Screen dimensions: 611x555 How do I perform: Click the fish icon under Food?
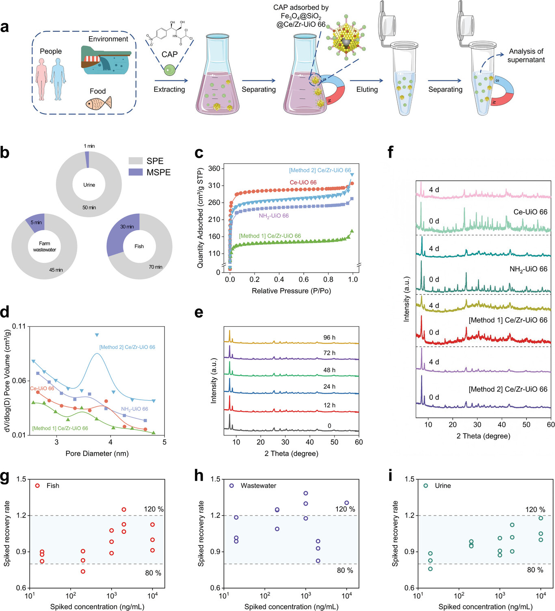coord(98,103)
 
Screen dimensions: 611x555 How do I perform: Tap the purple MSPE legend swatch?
coord(136,172)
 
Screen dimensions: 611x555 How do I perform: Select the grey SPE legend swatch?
coord(136,161)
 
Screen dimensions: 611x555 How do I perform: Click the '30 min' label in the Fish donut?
coord(127,227)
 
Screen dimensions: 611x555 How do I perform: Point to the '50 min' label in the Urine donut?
coord(89,208)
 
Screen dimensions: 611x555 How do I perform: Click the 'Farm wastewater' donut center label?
coord(45,247)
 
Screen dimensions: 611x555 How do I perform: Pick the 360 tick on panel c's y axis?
coord(214,169)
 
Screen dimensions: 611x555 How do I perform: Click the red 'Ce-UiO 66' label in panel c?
coord(303,182)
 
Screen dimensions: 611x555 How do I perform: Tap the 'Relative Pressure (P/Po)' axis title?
coord(291,291)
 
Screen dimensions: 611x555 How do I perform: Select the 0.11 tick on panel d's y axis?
coord(19,326)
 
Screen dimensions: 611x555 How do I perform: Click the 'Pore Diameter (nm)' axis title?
coord(97,453)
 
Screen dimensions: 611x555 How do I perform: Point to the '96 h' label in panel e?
coord(329,338)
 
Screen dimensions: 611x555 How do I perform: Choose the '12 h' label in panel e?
coord(329,405)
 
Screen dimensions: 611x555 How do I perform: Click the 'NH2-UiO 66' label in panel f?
coord(528,269)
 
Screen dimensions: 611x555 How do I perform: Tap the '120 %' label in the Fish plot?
coord(153,509)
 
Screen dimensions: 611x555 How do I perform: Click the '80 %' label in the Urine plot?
coord(535,570)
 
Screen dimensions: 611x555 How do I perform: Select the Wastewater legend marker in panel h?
coord(232,485)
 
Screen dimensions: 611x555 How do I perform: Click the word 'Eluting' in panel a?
coord(367,89)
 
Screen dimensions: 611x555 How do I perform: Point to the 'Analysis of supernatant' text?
coord(526,56)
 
